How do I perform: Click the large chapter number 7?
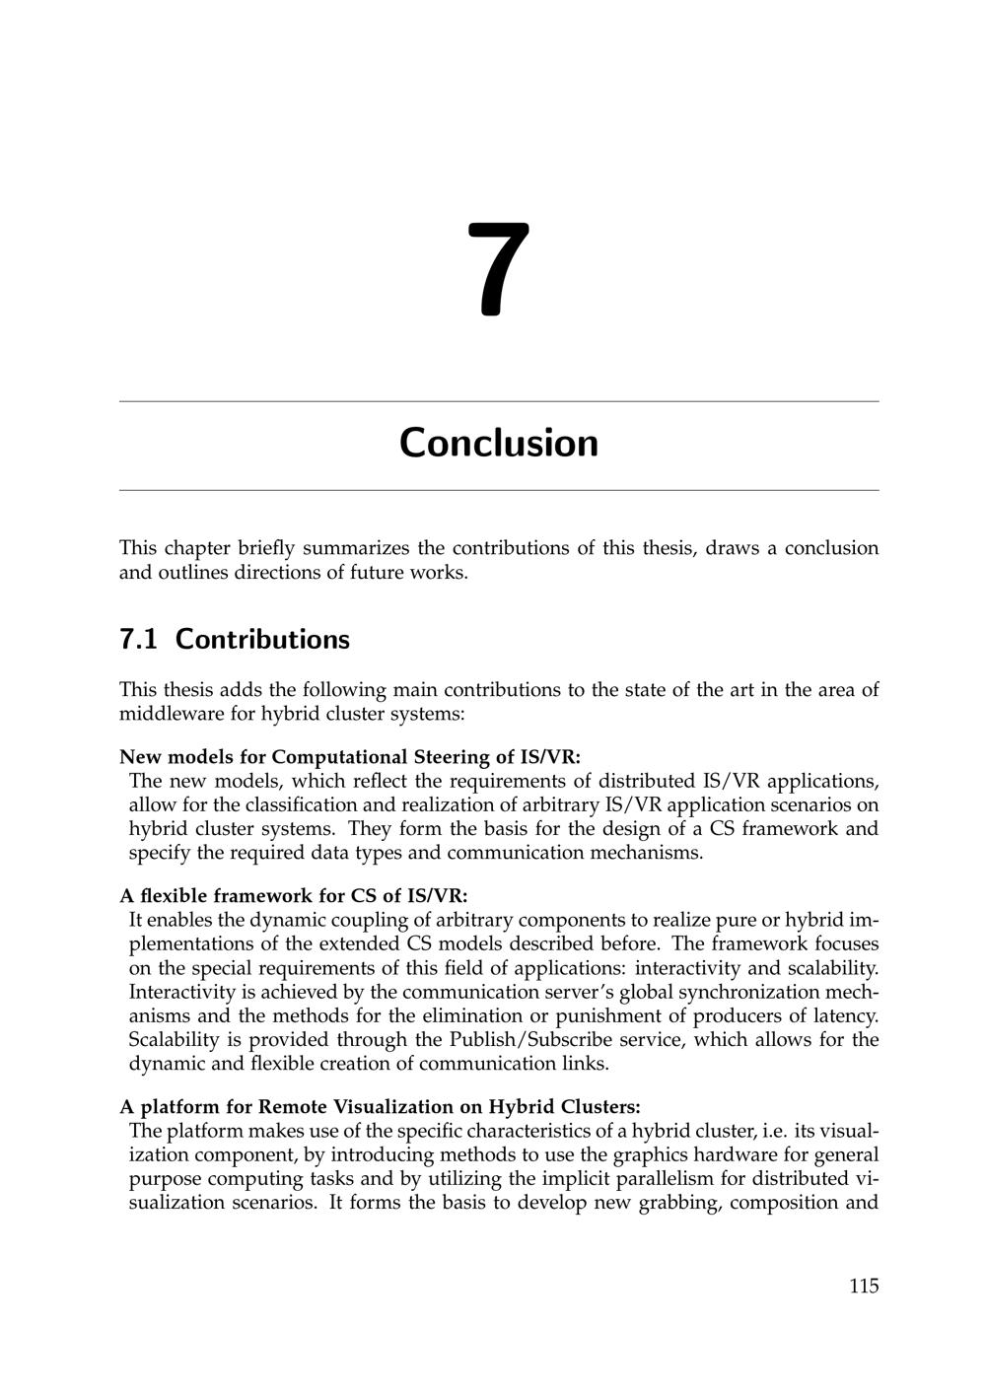point(499,270)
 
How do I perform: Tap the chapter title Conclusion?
point(499,443)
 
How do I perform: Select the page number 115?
point(863,1286)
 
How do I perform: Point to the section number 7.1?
point(138,640)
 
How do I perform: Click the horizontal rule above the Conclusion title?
point(499,401)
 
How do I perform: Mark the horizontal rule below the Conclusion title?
point(499,490)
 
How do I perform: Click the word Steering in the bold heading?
point(462,757)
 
